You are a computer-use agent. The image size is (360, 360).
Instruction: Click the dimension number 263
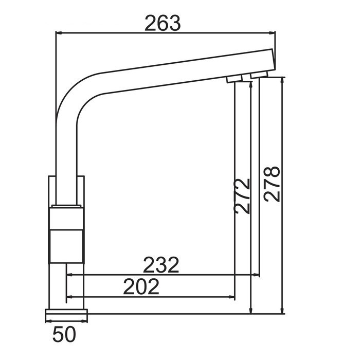[163, 23]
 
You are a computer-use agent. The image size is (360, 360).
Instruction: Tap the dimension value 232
[160, 265]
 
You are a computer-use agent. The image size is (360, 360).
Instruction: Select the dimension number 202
[141, 287]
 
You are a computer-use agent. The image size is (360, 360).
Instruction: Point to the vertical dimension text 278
[272, 184]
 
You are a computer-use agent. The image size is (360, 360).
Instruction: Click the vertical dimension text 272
[242, 196]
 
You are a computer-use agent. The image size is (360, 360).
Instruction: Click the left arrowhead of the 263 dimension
[59, 33]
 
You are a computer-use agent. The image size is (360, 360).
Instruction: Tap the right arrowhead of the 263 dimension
[272, 33]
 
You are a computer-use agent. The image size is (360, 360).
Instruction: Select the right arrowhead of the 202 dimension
[232, 297]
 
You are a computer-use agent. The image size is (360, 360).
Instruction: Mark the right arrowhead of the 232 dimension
[256, 275]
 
